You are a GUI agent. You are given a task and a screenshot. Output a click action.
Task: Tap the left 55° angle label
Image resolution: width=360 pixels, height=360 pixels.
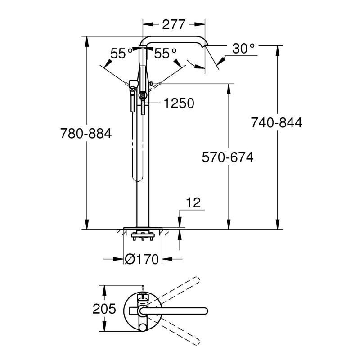coord(121,54)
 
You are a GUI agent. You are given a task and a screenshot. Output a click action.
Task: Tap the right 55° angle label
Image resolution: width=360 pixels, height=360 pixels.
coord(165,54)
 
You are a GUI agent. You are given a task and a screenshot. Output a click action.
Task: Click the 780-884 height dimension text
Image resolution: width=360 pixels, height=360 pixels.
coord(86,134)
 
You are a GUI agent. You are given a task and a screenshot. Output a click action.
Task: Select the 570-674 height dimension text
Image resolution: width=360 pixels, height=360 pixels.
coord(227,157)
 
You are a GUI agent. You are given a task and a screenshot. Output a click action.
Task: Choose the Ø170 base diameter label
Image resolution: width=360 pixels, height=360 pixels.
coord(143,260)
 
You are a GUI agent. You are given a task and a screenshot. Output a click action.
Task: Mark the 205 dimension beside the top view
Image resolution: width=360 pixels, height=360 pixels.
coord(104,309)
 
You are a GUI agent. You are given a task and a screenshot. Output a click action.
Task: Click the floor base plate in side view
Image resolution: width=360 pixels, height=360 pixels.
coord(143,227)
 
